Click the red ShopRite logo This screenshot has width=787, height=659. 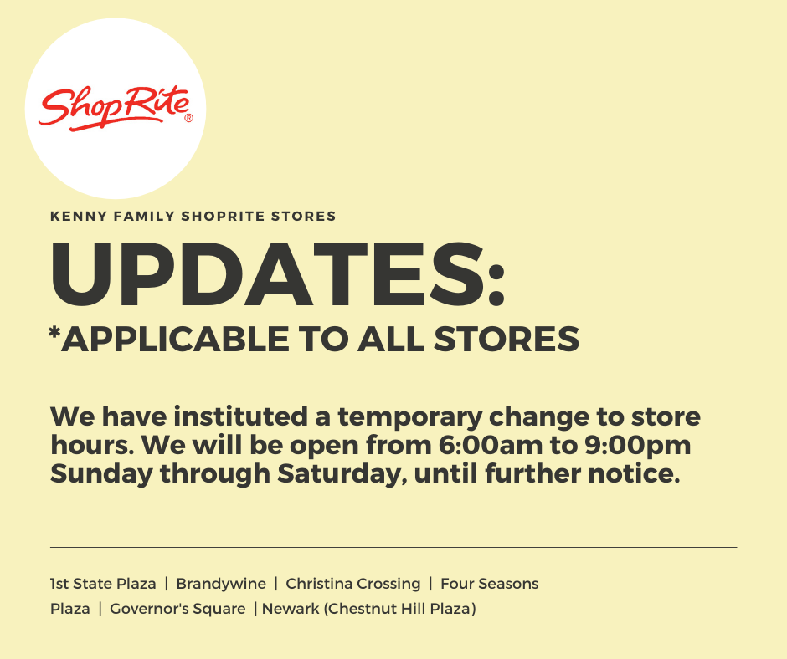[115, 109]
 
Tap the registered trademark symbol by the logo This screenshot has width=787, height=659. [188, 119]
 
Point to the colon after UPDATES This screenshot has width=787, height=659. [496, 284]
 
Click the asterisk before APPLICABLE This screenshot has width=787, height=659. [54, 332]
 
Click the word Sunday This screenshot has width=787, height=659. [101, 474]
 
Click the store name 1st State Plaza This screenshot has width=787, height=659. [103, 584]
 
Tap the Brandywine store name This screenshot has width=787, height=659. [221, 585]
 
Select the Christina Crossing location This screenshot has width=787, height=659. [352, 585]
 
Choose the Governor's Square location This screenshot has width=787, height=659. [177, 609]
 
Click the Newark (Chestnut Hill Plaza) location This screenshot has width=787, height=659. [369, 609]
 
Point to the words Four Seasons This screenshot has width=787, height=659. [490, 584]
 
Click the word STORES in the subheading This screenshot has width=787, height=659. [304, 216]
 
